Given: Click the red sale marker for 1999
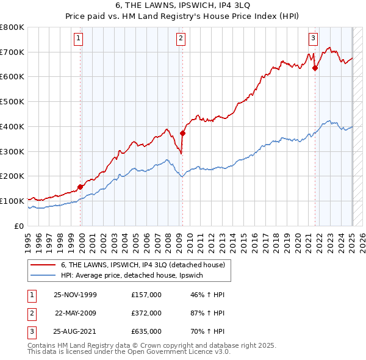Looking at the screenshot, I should (81, 187).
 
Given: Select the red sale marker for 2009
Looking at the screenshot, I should (182, 133).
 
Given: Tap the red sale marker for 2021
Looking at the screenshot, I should (315, 68).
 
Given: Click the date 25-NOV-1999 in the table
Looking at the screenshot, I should (75, 295).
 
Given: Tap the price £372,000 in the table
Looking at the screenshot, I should (146, 313).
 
